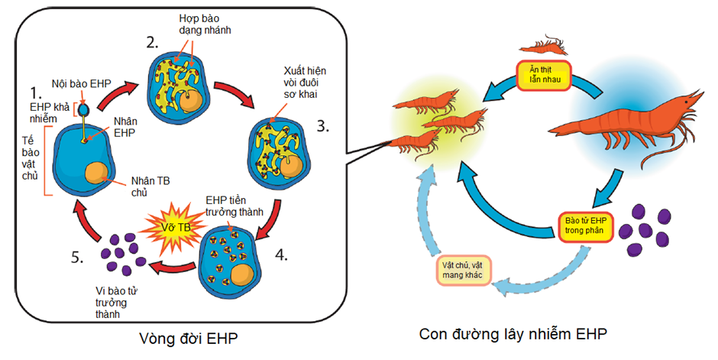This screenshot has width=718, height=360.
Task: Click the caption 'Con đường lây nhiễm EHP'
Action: click(x=513, y=335)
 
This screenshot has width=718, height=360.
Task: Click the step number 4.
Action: click(x=282, y=254)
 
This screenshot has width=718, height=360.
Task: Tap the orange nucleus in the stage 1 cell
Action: click(x=97, y=174)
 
